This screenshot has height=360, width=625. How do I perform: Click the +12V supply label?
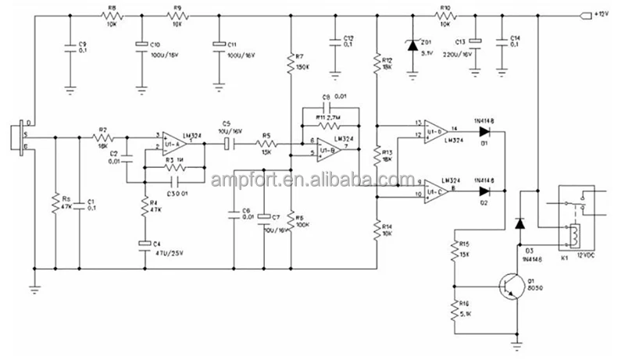point(604,14)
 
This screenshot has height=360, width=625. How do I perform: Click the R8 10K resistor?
point(112,15)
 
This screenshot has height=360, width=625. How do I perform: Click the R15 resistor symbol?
point(453,251)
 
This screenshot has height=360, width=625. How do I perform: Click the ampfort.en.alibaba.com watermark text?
point(312,180)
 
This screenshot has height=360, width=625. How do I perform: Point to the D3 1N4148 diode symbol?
point(519,223)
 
